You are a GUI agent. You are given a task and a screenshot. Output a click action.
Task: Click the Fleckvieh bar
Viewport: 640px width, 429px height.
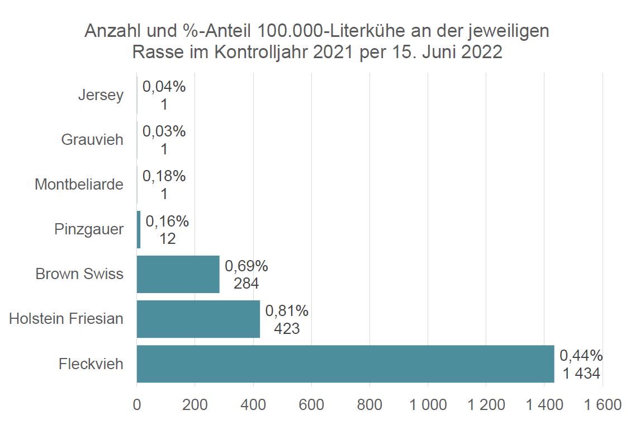pos(345,364)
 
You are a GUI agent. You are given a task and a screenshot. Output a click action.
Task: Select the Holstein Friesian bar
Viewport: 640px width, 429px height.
pos(198,319)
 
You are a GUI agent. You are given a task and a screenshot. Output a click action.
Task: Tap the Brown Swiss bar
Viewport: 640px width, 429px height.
pos(178,274)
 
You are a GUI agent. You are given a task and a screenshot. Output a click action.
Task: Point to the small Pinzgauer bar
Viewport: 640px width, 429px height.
pos(139,229)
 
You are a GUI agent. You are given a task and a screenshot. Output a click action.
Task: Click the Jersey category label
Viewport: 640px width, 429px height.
pos(101,95)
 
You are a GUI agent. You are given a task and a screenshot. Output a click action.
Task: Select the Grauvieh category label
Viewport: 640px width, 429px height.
pos(92,140)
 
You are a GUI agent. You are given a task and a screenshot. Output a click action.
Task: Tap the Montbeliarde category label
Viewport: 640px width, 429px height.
pos(79,185)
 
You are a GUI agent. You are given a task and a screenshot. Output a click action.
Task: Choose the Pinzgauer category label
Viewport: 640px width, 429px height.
pos(89,229)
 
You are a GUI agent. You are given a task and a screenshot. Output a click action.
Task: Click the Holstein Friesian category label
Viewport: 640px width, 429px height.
pos(66,319)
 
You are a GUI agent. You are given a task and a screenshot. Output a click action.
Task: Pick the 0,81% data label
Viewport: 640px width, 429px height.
pos(287,310)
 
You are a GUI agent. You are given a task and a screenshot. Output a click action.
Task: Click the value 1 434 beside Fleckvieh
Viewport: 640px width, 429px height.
pos(581,373)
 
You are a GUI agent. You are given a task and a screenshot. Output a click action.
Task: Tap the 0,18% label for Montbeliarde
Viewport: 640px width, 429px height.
pos(164,176)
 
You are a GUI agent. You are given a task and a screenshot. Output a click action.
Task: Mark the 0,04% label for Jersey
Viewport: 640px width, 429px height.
pos(164,87)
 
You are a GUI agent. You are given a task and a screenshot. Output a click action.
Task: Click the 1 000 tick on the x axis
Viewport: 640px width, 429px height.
pos(428,404)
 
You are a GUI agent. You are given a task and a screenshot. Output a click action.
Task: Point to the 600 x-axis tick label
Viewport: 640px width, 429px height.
pos(311,404)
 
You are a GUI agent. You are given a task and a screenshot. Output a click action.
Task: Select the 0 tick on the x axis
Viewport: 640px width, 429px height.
pos(137,404)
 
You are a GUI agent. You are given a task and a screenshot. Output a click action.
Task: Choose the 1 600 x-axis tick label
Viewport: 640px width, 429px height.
pos(602,404)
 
